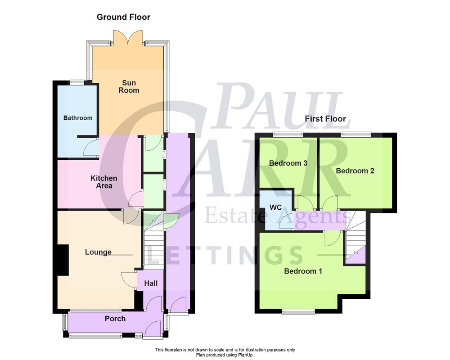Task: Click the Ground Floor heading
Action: click(x=123, y=17)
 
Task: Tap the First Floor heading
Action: click(x=325, y=119)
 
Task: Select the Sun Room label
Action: click(x=129, y=86)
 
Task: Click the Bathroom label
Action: click(x=78, y=118)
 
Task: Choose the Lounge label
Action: click(x=98, y=252)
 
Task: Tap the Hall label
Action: click(x=151, y=283)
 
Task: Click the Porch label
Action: click(x=115, y=319)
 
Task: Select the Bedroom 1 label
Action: click(x=303, y=271)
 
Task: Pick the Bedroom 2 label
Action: click(x=355, y=171)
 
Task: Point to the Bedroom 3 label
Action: click(x=288, y=163)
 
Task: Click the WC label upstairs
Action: click(x=275, y=207)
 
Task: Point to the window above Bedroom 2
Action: click(x=355, y=133)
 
